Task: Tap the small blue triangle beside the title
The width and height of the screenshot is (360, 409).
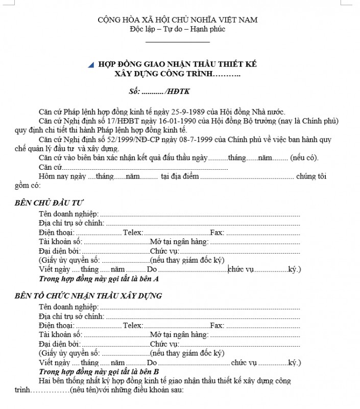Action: [x=91, y=65]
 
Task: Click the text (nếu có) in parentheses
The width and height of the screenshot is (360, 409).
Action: [x=304, y=158]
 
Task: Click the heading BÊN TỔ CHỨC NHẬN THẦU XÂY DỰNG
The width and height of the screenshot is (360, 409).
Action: [x=88, y=296]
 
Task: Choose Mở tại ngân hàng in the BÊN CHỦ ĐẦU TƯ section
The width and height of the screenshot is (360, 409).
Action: [x=179, y=242]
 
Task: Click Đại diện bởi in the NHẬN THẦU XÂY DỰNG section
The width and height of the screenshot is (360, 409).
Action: [x=60, y=344]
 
